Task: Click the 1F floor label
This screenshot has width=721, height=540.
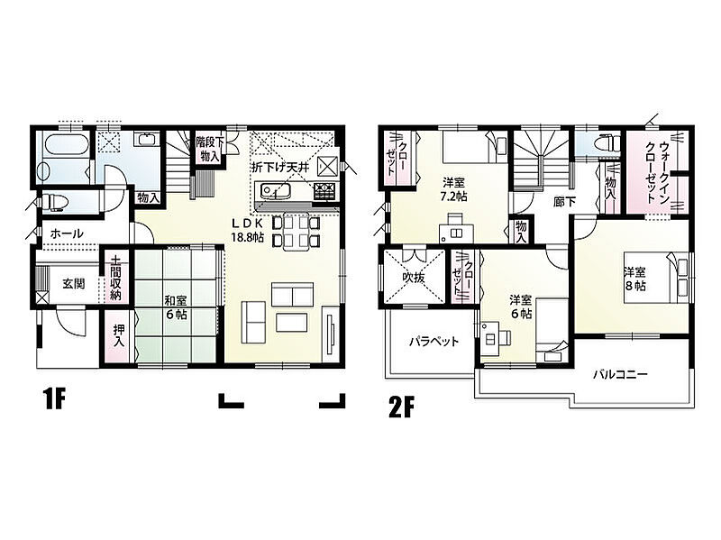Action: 54,398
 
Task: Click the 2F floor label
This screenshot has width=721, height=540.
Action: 401,407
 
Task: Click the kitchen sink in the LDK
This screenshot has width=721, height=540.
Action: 275,190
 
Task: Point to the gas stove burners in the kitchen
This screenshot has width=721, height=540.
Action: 326,191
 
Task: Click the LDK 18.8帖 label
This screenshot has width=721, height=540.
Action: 247,231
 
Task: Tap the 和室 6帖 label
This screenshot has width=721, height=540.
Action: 176,308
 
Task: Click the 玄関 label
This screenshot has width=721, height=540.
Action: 74,283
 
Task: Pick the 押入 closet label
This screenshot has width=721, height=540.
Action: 119,335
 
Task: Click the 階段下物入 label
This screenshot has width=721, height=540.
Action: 209,149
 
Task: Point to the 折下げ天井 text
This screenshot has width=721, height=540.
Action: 279,168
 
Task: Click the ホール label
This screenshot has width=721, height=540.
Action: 67,233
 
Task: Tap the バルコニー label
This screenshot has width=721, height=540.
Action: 620,375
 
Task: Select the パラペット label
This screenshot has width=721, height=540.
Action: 434,342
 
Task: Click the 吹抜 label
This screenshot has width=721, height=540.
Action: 414,278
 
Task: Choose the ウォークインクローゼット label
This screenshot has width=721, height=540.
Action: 657,172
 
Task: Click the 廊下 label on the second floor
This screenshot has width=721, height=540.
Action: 565,201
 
